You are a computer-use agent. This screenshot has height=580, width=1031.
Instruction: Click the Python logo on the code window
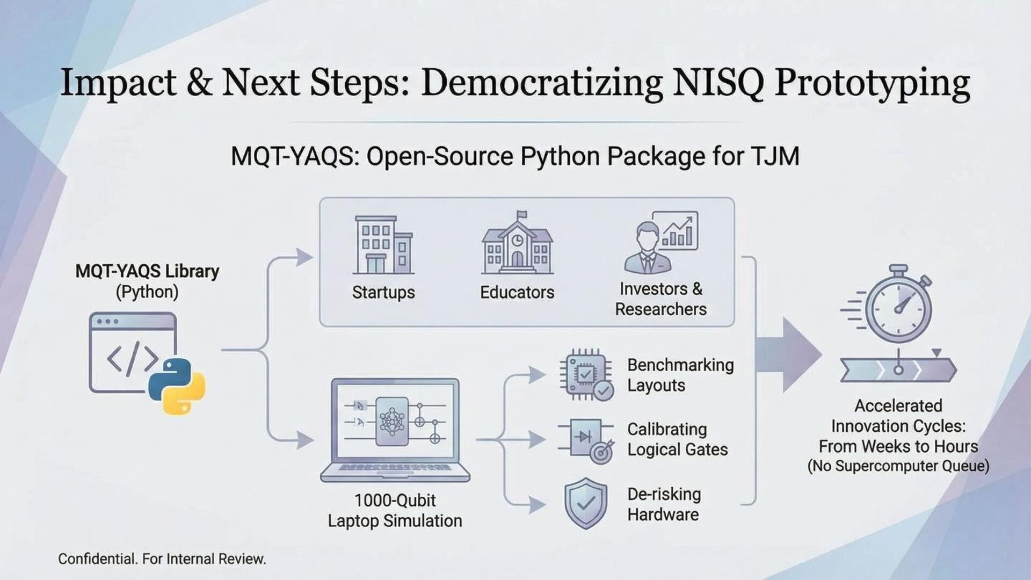click(177, 386)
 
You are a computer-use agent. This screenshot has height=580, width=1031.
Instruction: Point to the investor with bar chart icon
click(660, 242)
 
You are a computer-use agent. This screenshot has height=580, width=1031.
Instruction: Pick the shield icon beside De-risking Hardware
click(586, 503)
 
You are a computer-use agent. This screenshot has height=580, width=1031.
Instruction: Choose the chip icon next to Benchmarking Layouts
click(586, 374)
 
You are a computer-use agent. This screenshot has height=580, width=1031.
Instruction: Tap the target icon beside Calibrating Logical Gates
click(601, 453)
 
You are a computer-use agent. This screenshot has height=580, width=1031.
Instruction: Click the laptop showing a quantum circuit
click(395, 430)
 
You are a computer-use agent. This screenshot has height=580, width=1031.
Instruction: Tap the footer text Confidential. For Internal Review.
click(162, 559)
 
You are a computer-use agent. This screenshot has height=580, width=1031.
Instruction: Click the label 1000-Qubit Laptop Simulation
click(395, 510)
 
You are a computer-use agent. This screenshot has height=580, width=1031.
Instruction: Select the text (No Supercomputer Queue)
click(898, 466)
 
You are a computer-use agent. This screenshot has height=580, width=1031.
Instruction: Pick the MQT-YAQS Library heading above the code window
click(147, 271)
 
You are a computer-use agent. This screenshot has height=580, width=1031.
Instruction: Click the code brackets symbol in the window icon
click(132, 359)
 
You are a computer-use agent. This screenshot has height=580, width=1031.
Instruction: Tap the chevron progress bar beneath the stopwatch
click(898, 370)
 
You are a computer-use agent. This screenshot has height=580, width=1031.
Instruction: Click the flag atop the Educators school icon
click(521, 215)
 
